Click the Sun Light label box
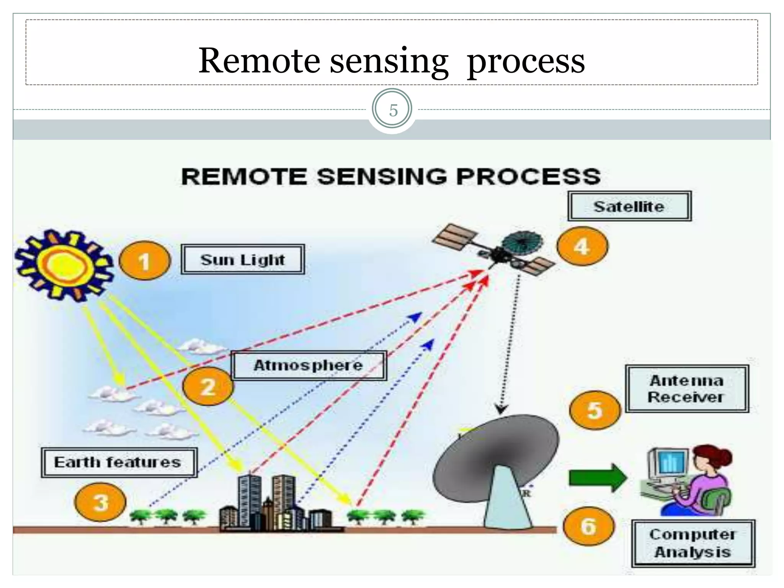pyautogui.click(x=243, y=260)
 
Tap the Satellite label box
pyautogui.click(x=629, y=206)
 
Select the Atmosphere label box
pyautogui.click(x=309, y=365)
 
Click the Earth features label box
pyautogui.click(x=119, y=462)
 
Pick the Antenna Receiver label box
pyautogui.click(x=687, y=389)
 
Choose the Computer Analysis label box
pyautogui.click(x=693, y=543)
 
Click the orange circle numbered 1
pyautogui.click(x=144, y=261)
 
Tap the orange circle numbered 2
pyautogui.click(x=208, y=387)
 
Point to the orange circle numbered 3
pyautogui.click(x=100, y=502)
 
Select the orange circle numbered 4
pyautogui.click(x=582, y=246)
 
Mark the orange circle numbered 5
pyautogui.click(x=595, y=410)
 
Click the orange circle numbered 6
pyautogui.click(x=589, y=526)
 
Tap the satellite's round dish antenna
pyautogui.click(x=522, y=243)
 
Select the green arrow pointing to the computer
pyautogui.click(x=597, y=478)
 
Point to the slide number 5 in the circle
pyautogui.click(x=393, y=110)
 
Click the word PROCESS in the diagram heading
pyautogui.click(x=528, y=176)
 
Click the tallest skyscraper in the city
pyautogui.click(x=249, y=498)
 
